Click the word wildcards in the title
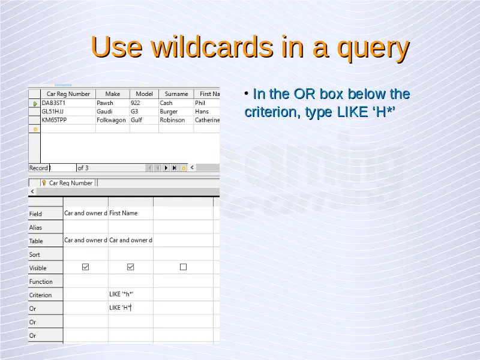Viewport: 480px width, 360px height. click(212, 47)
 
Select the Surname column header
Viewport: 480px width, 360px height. click(176, 94)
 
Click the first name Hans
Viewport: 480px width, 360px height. click(202, 112)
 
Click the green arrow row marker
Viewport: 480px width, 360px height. click(35, 104)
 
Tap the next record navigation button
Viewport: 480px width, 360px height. click(166, 168)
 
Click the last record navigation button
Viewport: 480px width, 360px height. click(175, 168)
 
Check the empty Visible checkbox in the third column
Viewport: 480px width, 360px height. click(183, 267)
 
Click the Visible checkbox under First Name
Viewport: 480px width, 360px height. click(130, 267)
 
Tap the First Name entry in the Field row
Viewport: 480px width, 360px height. click(124, 213)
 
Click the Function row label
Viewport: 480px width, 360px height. click(41, 281)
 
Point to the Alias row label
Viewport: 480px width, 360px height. click(35, 227)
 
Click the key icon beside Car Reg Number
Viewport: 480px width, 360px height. click(44, 183)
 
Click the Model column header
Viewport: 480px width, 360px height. click(144, 94)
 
